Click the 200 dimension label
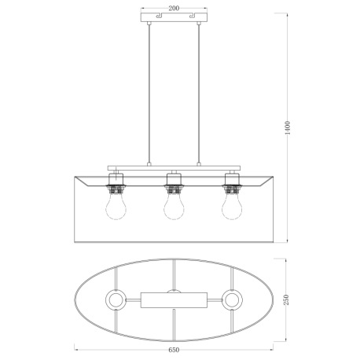(174, 9)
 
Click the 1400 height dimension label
(288, 128)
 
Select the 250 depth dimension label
(286, 300)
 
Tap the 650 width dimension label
(174, 350)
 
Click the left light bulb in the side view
(116, 208)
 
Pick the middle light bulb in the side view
(174, 208)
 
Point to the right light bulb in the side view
(232, 208)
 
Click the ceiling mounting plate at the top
(174, 17)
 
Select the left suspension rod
(149, 94)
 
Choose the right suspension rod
(199, 94)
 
